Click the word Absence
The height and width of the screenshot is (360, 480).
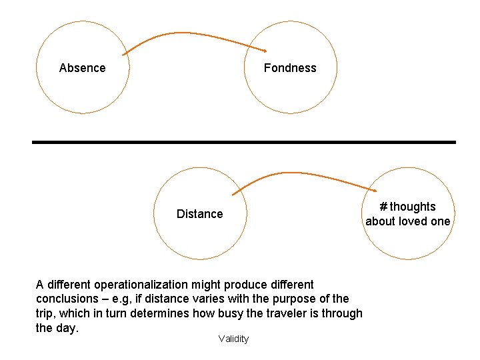(82, 68)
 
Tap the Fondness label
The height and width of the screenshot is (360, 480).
(290, 68)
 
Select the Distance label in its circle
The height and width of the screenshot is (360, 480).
(199, 214)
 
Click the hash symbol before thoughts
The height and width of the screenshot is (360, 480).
(383, 207)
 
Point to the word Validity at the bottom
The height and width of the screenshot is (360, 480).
(233, 339)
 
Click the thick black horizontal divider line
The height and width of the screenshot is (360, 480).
(243, 142)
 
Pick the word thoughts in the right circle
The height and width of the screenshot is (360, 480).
(413, 207)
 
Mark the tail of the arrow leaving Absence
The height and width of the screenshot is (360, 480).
(124, 54)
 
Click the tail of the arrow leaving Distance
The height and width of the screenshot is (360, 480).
(233, 194)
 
